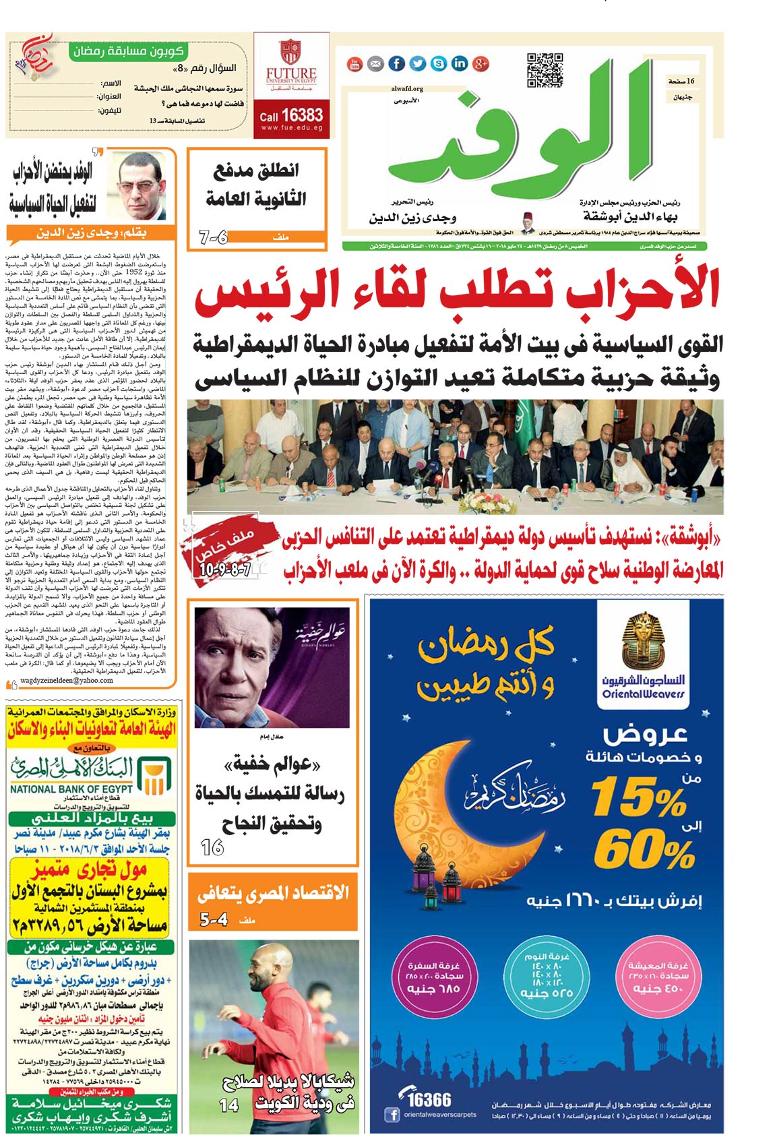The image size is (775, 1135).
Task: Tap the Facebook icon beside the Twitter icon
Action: [396, 64]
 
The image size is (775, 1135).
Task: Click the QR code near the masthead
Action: [544, 69]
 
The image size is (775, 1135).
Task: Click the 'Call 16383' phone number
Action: [291, 115]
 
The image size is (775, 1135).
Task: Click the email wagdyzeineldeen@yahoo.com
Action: [67, 680]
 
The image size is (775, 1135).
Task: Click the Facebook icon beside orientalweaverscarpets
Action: [392, 1115]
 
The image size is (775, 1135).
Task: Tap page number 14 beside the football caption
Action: [229, 1105]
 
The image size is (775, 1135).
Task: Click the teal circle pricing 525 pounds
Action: [547, 975]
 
